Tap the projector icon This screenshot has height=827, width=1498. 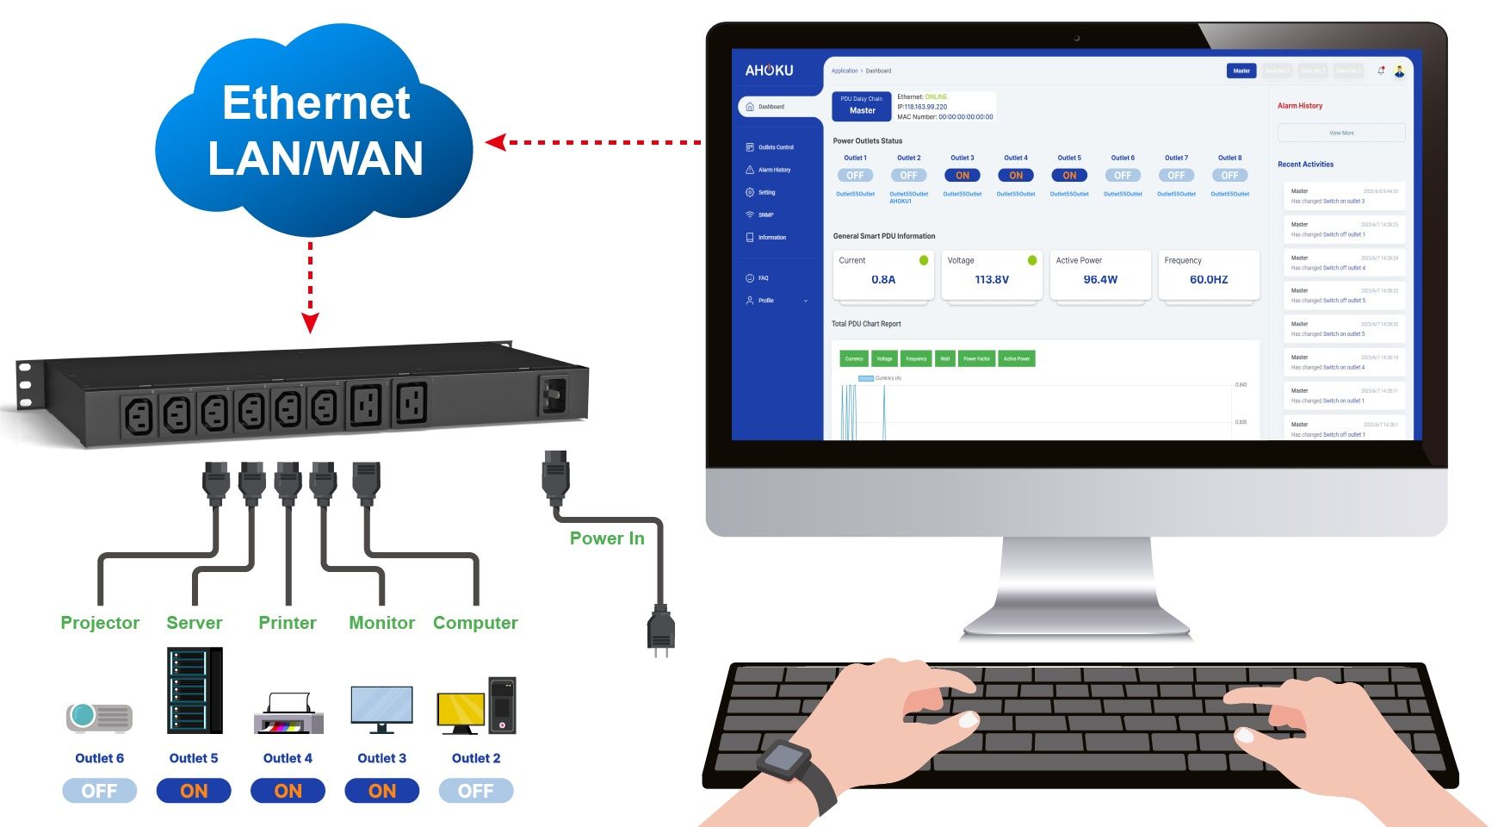[x=100, y=717]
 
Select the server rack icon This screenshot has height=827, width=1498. [x=195, y=690]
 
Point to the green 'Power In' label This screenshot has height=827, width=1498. [x=607, y=538]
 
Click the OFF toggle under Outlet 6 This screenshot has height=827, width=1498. [x=99, y=791]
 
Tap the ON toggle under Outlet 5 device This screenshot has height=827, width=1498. [x=194, y=791]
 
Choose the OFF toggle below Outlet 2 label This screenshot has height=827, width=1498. [x=476, y=791]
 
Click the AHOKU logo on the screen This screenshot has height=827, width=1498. [x=769, y=71]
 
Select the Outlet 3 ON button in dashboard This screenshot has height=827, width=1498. [x=963, y=176]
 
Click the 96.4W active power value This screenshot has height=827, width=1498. [x=1100, y=279]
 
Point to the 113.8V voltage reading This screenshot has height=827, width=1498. [x=992, y=279]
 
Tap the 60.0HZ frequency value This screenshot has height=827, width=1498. [x=1209, y=279]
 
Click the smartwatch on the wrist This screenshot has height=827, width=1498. [x=784, y=759]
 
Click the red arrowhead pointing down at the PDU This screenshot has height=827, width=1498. [x=310, y=323]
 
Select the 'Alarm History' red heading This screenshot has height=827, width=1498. [x=1300, y=106]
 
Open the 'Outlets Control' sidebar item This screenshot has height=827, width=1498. [x=775, y=147]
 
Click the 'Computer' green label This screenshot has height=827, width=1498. [x=475, y=623]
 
